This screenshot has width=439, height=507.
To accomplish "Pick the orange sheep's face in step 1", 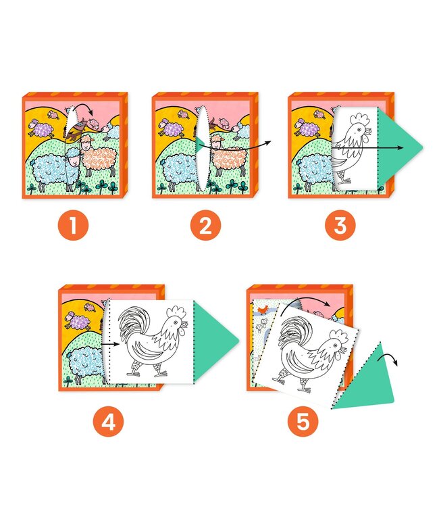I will click(x=85, y=143).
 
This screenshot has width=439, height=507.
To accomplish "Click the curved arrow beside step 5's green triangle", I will click(x=391, y=359).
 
